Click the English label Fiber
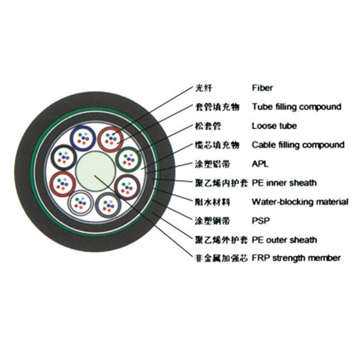[262, 88]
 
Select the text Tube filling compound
[297, 107]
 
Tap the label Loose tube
[274, 126]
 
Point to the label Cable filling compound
[298, 145]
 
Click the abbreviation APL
[260, 164]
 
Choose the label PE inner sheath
[284, 183]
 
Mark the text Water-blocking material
[300, 202]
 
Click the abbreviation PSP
[261, 221]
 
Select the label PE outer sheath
[284, 240]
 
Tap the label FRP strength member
[296, 258]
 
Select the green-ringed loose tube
[128, 159]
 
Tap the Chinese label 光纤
[204, 88]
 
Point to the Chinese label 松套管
[208, 126]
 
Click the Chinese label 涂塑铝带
[212, 164]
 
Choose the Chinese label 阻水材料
[212, 202]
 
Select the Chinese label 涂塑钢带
[212, 221]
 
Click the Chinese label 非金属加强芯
[221, 258]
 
